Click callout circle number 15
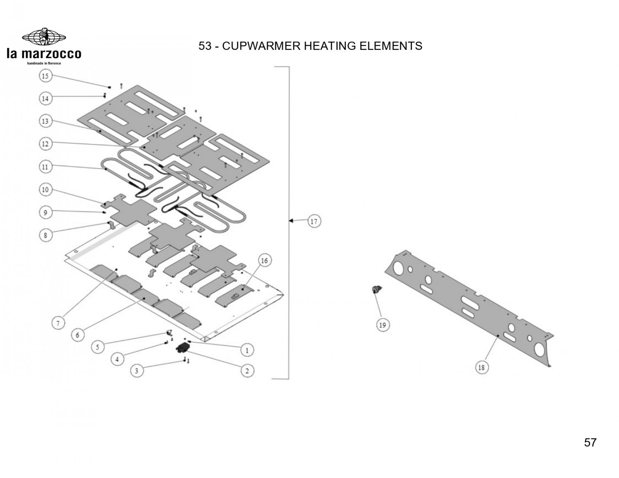[45, 76]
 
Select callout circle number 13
[45, 121]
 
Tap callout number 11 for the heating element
[45, 167]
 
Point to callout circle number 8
[45, 235]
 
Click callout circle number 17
[314, 221]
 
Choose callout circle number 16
[265, 261]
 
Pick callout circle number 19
[382, 325]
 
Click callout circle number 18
[481, 367]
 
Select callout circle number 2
[247, 371]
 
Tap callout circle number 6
[78, 335]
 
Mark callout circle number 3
[137, 371]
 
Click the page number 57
[590, 443]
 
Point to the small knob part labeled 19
[375, 291]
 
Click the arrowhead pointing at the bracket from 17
[291, 221]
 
